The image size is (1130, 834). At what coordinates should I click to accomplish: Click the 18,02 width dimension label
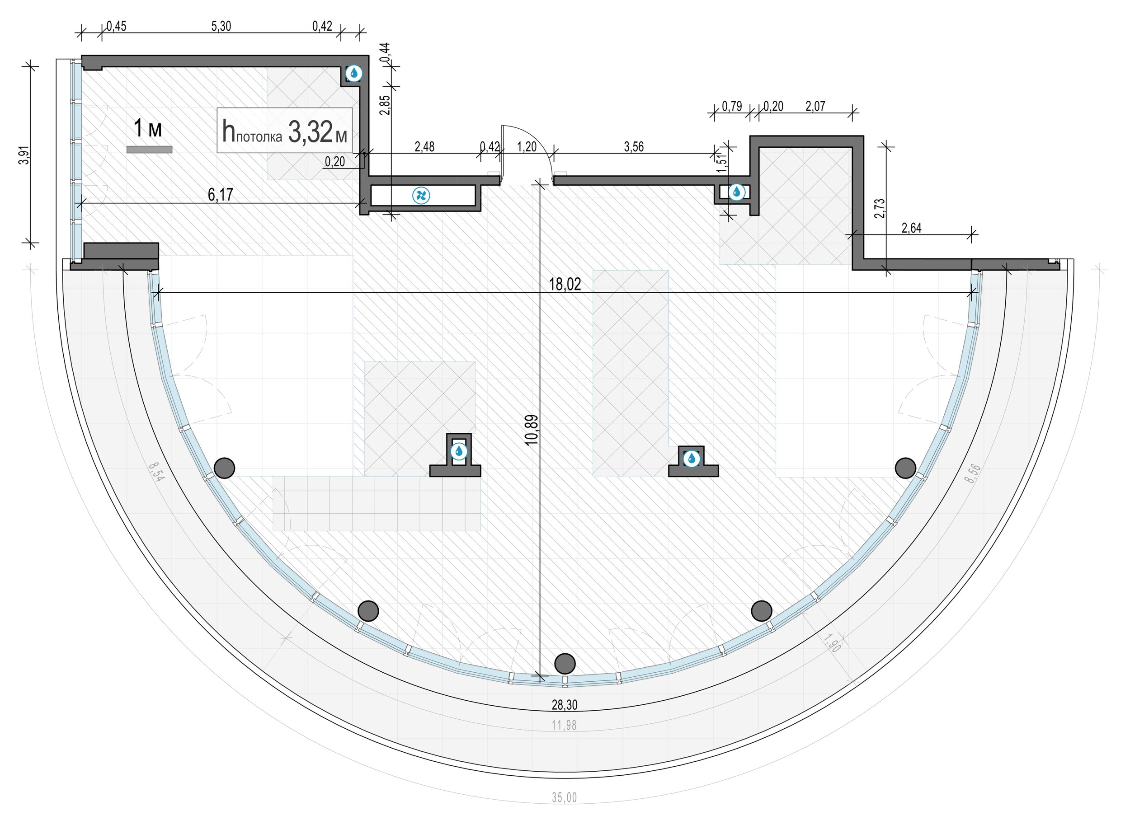pos(565,284)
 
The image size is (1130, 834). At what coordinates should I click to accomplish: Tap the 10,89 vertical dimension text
pos(532,430)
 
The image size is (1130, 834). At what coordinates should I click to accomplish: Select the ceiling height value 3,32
pos(311,132)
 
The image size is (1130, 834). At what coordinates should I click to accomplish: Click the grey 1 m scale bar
pos(149,150)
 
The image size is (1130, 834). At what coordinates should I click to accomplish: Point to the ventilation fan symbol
pos(421,195)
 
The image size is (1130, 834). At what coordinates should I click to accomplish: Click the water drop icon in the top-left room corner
pos(354,74)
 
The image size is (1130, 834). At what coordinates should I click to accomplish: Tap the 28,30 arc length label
pos(564,704)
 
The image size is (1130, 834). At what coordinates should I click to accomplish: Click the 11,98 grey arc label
pos(564,726)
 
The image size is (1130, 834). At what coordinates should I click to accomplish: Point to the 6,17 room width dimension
pos(220,194)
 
